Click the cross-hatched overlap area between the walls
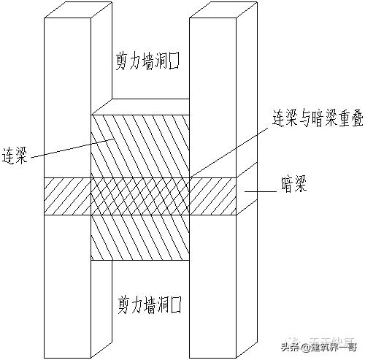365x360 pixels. point(139,196)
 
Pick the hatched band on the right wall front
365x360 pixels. point(212,196)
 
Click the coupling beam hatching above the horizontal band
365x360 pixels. point(139,146)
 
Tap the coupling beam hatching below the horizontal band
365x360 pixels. point(139,238)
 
